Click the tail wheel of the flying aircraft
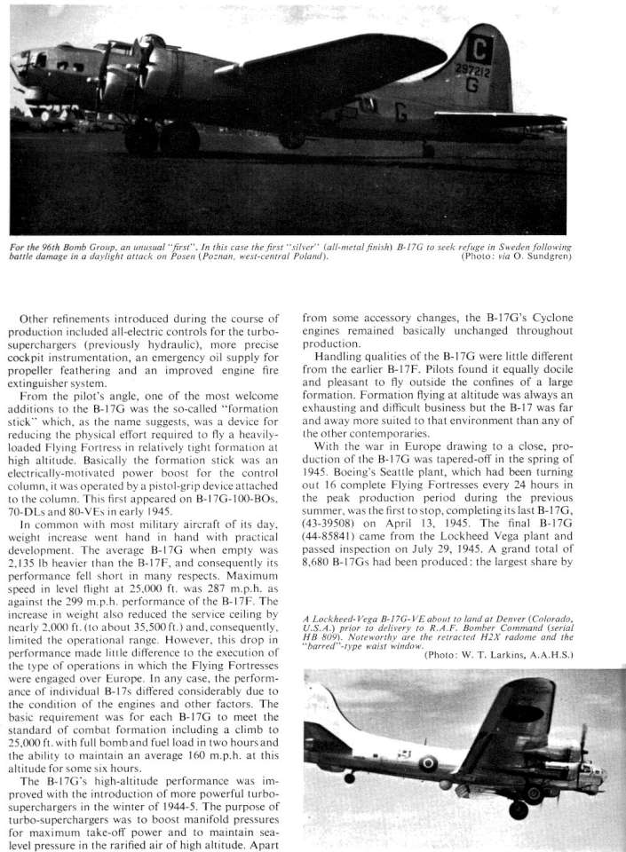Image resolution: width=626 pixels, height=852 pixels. [x=349, y=777]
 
